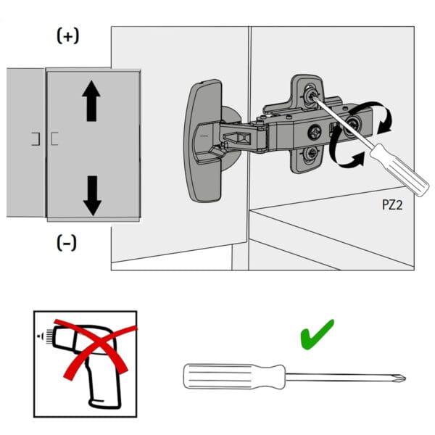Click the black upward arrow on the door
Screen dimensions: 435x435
(91, 101)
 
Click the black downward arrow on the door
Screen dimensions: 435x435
(91, 194)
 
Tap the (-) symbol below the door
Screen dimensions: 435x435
(67, 243)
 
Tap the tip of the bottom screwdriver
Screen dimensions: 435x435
(401, 378)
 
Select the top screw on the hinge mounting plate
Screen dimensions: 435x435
(310, 94)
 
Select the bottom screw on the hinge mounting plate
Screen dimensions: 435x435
(310, 153)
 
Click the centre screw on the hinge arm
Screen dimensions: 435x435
(315, 133)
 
